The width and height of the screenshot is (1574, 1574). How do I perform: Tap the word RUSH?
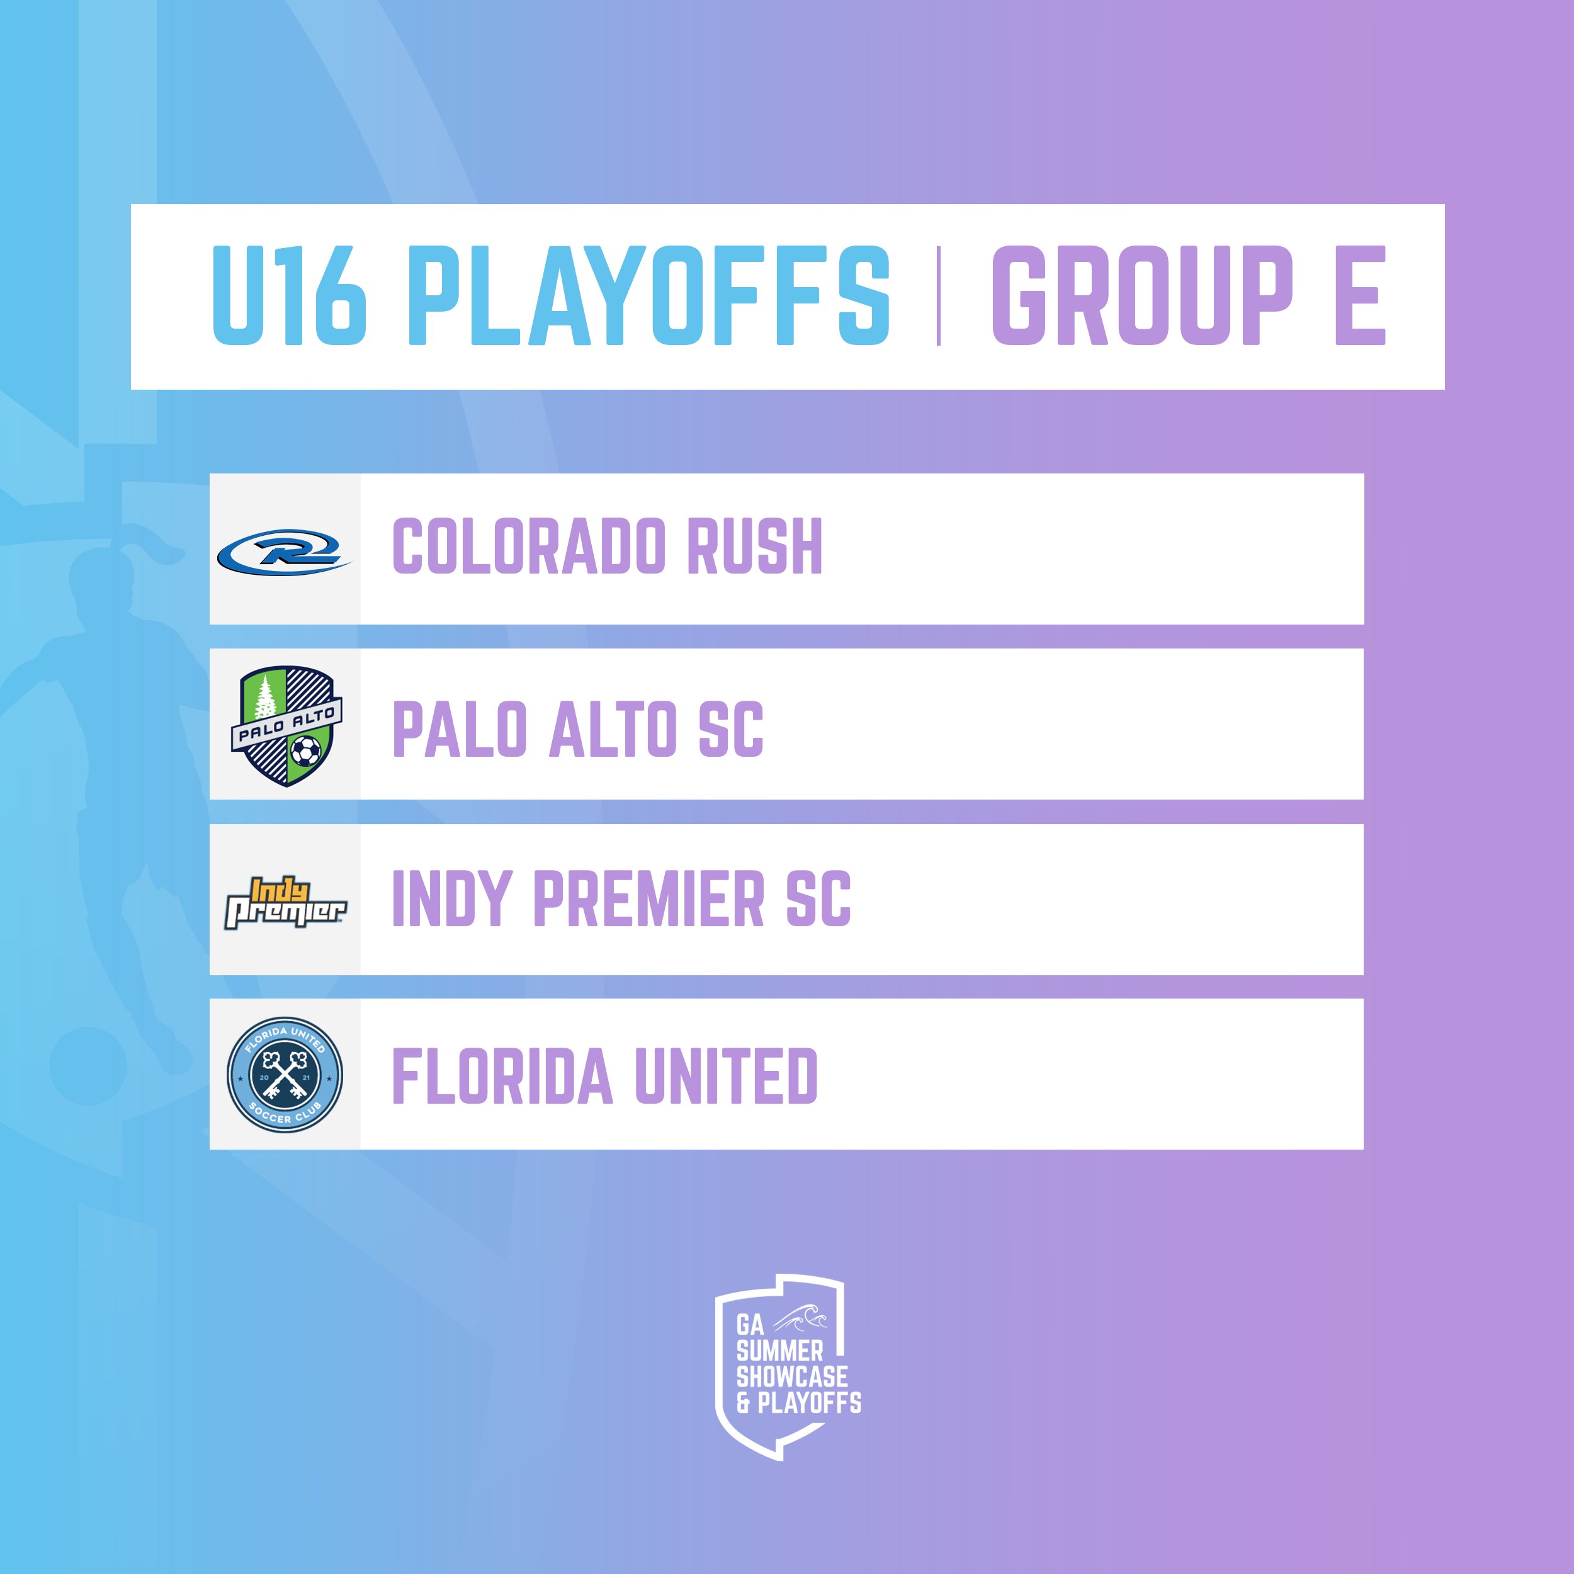(754, 546)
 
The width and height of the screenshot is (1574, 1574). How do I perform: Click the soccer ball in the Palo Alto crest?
(305, 750)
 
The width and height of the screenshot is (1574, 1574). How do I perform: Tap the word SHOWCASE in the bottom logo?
(792, 1377)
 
